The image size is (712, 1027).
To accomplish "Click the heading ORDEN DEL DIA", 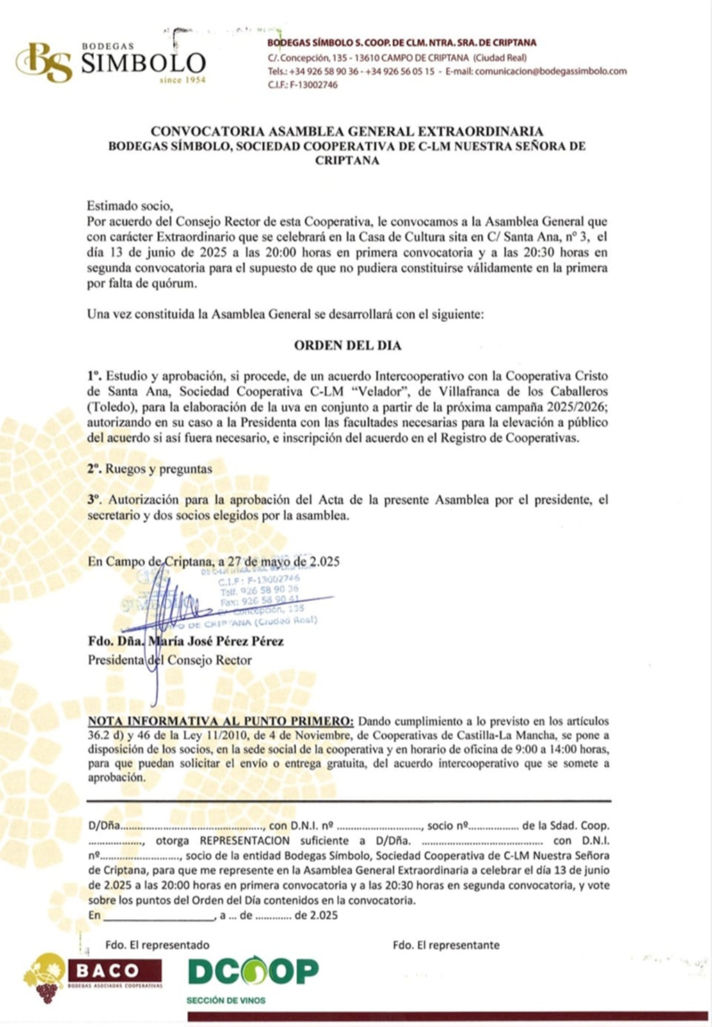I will tap(348, 346).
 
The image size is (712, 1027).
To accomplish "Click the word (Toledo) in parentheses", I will tap(108, 407).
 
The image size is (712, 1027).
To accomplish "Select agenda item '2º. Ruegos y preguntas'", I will tap(149, 469).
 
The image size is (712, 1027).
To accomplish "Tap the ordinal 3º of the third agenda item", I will tap(95, 499).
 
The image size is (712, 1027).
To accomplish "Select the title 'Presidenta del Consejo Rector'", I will tap(170, 660).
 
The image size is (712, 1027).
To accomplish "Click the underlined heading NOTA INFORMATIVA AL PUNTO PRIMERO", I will tap(220, 721).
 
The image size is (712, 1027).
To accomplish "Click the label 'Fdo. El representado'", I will tap(157, 945).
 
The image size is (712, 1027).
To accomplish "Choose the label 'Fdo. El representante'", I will tap(446, 945).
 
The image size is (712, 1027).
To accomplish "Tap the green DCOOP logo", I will tap(253, 971).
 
